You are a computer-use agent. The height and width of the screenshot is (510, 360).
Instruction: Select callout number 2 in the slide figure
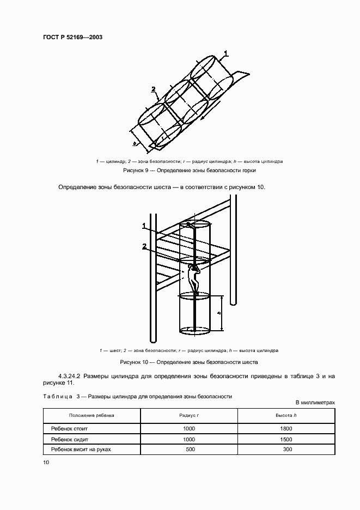154,89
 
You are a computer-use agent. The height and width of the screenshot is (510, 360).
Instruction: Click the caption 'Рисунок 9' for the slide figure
190,170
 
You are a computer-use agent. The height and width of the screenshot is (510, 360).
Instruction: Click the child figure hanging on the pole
194,276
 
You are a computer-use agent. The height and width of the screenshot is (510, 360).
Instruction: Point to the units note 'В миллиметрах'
315,403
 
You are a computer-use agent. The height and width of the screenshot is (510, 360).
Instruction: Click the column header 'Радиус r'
189,415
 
